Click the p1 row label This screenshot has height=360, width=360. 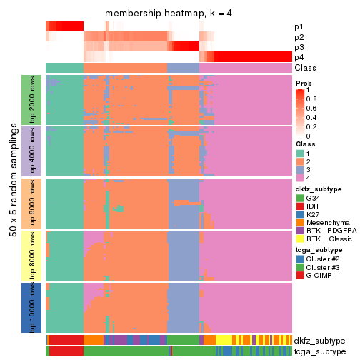[299, 27]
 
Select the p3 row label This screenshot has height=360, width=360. [299, 47]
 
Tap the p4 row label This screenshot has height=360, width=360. [299, 57]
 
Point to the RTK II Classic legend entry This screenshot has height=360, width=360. [327, 241]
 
